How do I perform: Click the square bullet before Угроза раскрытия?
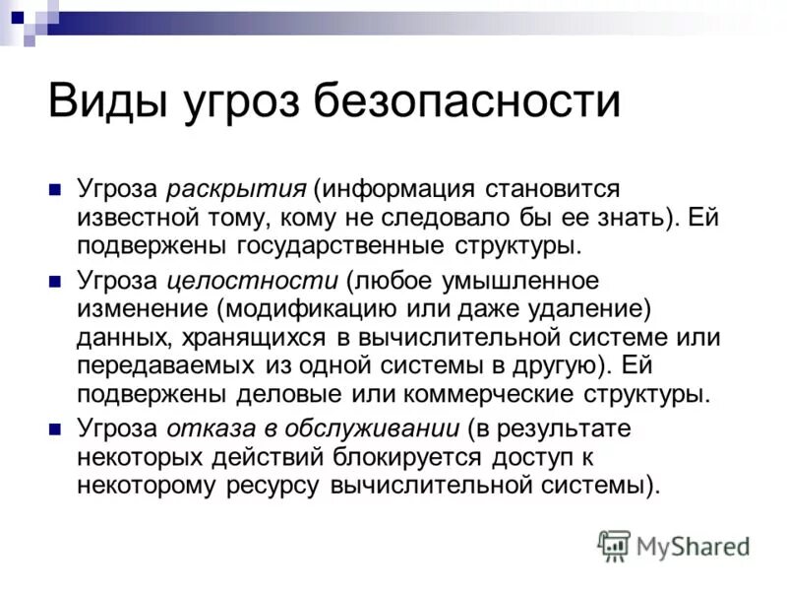56,187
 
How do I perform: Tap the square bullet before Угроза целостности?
56,283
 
